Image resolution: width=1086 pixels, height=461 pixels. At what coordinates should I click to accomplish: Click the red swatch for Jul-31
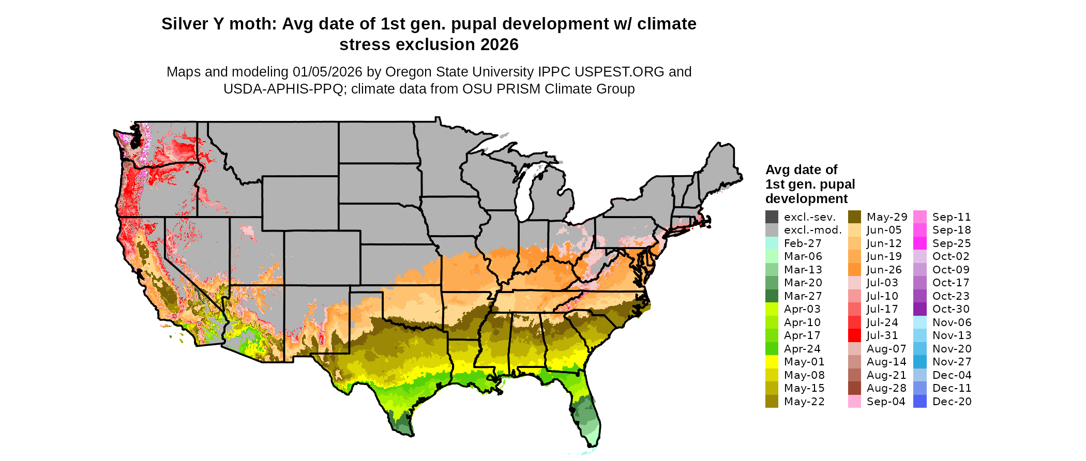click(x=854, y=335)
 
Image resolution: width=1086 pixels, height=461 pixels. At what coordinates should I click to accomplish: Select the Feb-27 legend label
click(x=803, y=243)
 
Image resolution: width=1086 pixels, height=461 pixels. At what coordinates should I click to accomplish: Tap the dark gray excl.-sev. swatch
click(x=772, y=217)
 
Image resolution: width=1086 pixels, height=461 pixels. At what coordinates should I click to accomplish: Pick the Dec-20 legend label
click(x=952, y=402)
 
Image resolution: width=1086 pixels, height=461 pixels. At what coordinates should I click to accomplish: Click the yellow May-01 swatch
click(x=772, y=362)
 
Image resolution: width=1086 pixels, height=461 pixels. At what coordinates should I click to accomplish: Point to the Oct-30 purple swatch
click(x=920, y=309)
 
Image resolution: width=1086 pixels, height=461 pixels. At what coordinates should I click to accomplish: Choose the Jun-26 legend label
click(x=884, y=270)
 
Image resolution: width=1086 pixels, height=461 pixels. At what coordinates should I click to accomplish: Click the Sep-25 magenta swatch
click(x=920, y=243)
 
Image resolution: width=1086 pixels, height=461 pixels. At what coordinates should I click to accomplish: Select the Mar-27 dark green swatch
click(x=772, y=296)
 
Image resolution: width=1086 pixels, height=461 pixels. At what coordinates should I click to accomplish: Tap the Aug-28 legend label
click(x=886, y=388)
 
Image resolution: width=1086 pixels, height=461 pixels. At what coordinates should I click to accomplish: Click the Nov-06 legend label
click(x=952, y=322)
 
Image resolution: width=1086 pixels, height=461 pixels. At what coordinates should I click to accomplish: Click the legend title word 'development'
click(x=806, y=199)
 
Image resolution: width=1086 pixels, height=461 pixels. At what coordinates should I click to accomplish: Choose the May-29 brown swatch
click(x=854, y=217)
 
